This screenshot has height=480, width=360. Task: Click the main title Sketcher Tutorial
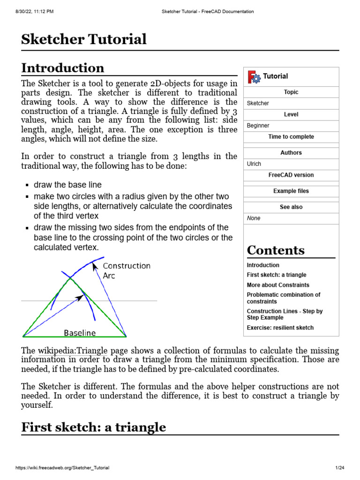84,39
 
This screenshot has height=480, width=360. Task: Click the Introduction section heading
63,68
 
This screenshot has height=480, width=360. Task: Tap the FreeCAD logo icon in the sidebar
254,76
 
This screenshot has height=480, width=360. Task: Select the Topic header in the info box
291,92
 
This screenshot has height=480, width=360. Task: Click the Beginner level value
258,126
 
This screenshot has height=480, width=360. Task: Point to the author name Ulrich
254,164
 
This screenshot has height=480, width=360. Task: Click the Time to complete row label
291,137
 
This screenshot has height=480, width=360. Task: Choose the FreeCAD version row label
291,175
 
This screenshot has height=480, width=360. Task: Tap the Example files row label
291,191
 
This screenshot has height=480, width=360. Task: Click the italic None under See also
254,218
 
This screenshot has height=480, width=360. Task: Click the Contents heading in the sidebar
276,250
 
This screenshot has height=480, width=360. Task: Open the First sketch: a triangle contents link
277,275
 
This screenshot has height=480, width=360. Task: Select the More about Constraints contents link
278,285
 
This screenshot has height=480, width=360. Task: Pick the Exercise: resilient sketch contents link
280,328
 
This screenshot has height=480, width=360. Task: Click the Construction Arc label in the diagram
126,270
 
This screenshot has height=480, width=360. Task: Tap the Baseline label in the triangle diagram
80,333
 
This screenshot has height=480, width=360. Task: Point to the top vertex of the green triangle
71,278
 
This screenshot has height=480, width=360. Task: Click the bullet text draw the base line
67,185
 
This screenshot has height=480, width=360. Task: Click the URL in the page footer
62,468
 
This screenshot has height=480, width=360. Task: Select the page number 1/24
339,468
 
